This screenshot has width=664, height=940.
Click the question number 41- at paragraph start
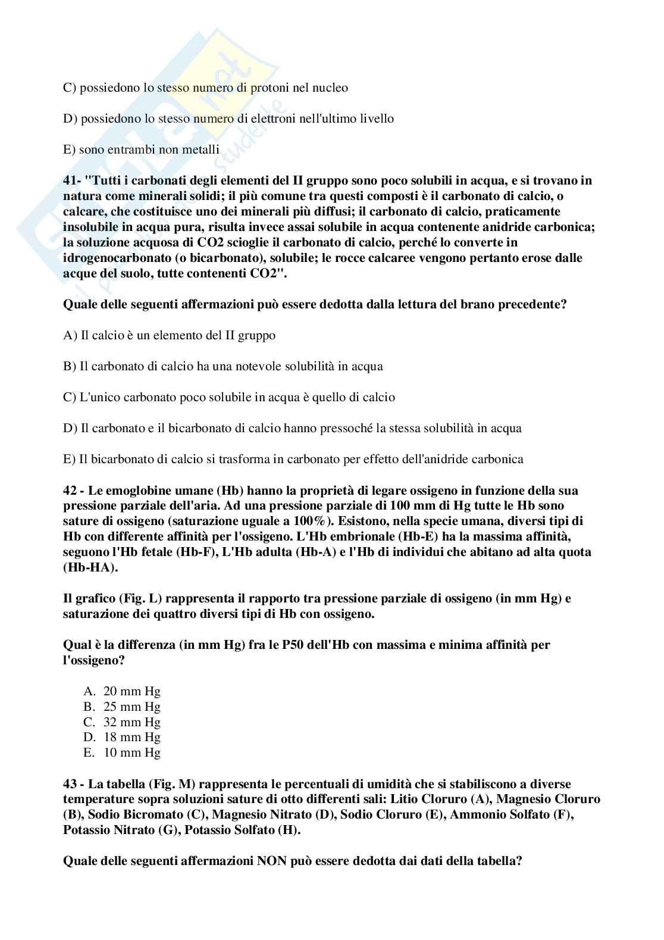pyautogui.click(x=73, y=180)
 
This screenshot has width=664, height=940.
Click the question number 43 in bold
pyautogui.click(x=70, y=784)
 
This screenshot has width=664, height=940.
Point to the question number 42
pyautogui.click(x=70, y=491)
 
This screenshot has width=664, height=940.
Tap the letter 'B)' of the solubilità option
pyautogui.click(x=70, y=366)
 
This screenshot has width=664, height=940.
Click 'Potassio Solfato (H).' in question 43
pyautogui.click(x=242, y=830)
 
